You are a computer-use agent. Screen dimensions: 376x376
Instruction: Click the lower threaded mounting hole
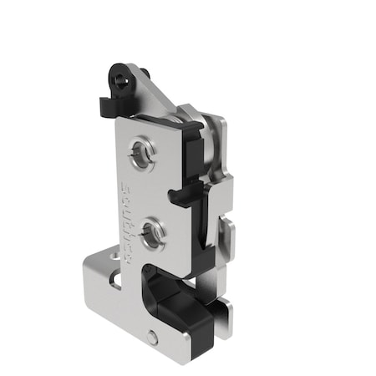coord(150,233)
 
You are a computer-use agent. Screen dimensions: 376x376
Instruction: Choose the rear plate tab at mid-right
coord(226,234)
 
